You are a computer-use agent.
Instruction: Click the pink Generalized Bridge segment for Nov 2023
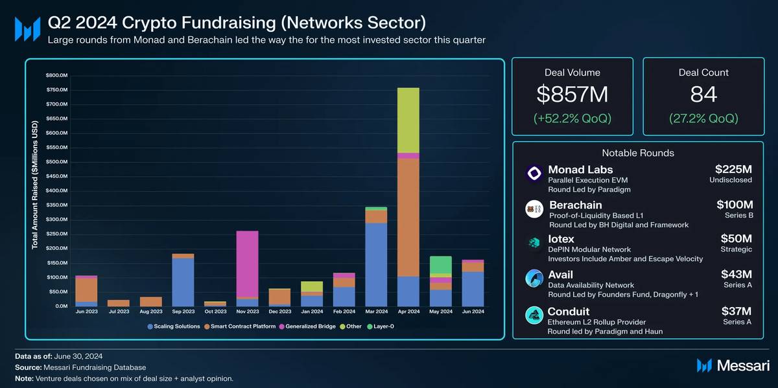tap(247, 264)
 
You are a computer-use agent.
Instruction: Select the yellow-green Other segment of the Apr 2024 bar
tap(408, 120)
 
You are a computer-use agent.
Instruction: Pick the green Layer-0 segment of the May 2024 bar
tap(441, 264)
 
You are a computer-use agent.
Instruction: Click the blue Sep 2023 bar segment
tap(183, 282)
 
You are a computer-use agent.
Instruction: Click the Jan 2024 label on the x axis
tap(312, 312)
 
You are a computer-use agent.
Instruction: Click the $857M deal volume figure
tap(572, 95)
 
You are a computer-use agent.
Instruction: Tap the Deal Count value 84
tap(703, 95)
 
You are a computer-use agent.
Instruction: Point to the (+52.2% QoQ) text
tap(572, 119)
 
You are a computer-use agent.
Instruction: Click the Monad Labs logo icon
tap(534, 174)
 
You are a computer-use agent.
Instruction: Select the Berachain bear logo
tap(534, 209)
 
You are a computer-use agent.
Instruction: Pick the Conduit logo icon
tap(534, 315)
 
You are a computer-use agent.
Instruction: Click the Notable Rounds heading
tap(638, 153)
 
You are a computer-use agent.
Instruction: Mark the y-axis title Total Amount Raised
tap(35, 185)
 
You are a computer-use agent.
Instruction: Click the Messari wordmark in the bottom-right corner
tap(743, 366)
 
